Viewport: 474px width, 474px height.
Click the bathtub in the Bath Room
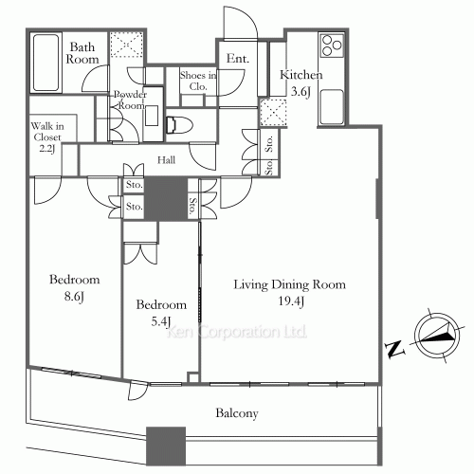pyautogui.click(x=46, y=63)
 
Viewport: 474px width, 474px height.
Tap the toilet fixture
pyautogui.click(x=179, y=124)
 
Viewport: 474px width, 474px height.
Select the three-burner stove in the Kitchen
pyautogui.click(x=332, y=46)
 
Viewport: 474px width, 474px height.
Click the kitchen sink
pyautogui.click(x=332, y=106)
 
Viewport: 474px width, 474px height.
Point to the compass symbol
pyautogui.click(x=436, y=335)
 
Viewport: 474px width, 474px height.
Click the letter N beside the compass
pyautogui.click(x=395, y=349)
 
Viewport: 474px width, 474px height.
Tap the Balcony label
pyautogui.click(x=237, y=413)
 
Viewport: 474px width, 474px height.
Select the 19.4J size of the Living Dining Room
pyautogui.click(x=291, y=301)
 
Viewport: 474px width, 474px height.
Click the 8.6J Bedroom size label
pyautogui.click(x=74, y=297)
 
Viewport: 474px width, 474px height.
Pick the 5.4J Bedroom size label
pyautogui.click(x=161, y=321)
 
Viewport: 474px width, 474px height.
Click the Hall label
pyautogui.click(x=166, y=160)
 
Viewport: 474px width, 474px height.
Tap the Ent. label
pyautogui.click(x=238, y=59)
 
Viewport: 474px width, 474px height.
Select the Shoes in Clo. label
pyautogui.click(x=198, y=81)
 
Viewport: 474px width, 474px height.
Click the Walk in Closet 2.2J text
pyautogui.click(x=47, y=137)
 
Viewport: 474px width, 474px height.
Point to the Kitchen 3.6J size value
pyautogui.click(x=301, y=92)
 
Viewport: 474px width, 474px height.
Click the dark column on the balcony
pyautogui.click(x=166, y=446)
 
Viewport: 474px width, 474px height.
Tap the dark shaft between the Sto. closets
pyautogui.click(x=166, y=198)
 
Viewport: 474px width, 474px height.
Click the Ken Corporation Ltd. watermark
pyautogui.click(x=236, y=332)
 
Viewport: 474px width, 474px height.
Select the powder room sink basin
pyautogui.click(x=152, y=116)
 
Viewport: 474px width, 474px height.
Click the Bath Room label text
pyautogui.click(x=82, y=53)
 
